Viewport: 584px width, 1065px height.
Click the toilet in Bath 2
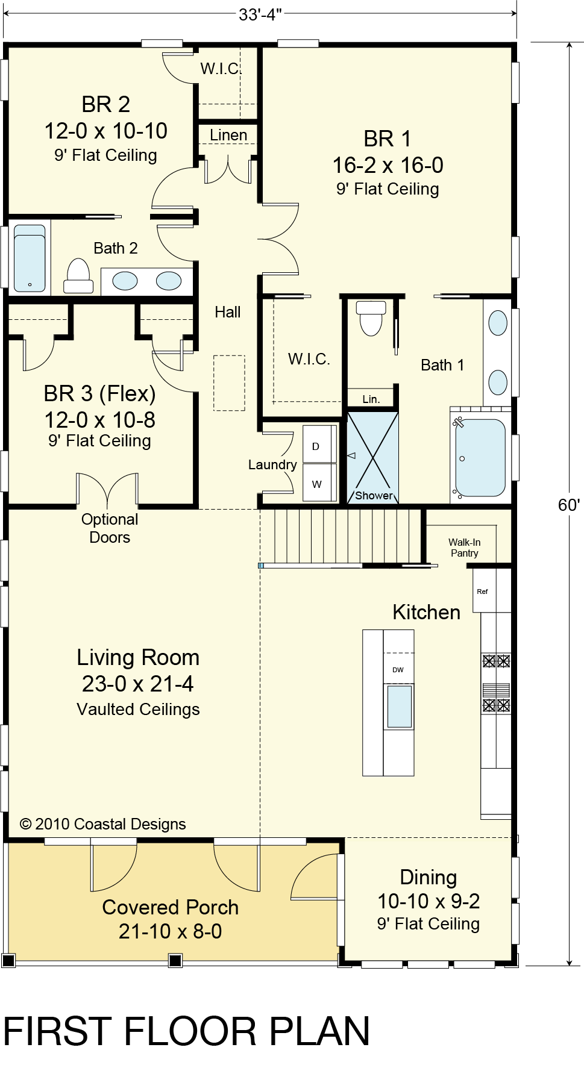coord(78,276)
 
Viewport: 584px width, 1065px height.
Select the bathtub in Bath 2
coord(30,258)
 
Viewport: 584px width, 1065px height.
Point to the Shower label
coord(374,496)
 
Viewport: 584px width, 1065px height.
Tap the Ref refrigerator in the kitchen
coord(483,592)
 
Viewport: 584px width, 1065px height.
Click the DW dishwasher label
coord(398,670)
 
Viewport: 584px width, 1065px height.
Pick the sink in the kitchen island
coord(400,707)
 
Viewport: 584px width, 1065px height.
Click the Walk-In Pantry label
coord(465,548)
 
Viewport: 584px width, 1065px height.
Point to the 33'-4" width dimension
coord(260,14)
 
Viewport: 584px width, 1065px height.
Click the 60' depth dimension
coord(569,505)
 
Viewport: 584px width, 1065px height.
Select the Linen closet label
coord(228,136)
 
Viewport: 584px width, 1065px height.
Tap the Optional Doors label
coord(110,528)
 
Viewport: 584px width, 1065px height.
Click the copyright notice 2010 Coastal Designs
coord(103,824)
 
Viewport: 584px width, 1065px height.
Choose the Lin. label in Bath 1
coord(371,399)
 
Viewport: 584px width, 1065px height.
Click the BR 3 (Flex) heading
coord(100,394)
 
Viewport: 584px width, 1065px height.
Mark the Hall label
coord(228,312)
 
